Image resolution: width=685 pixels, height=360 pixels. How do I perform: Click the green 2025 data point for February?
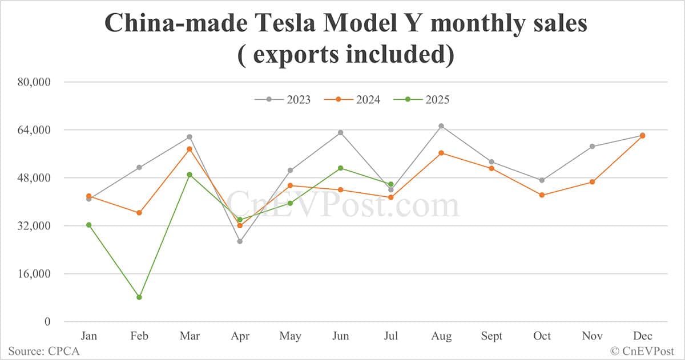point(139,297)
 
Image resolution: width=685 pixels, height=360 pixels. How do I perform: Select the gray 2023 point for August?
point(441,126)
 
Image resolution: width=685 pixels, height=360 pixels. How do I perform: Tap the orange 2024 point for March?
point(190,149)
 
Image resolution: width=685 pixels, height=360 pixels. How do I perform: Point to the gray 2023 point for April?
point(240,241)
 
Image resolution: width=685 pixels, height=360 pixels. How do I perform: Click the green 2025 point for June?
point(341,168)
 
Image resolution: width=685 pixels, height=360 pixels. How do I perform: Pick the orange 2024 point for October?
point(542,195)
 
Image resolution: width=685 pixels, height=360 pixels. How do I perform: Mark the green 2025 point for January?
point(89,225)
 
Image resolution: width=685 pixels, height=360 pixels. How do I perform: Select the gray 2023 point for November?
point(592,147)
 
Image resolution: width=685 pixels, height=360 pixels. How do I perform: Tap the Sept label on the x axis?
point(491,336)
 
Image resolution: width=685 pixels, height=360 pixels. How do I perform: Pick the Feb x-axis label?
point(139,336)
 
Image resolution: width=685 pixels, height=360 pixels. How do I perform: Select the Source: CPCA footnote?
point(44,351)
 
